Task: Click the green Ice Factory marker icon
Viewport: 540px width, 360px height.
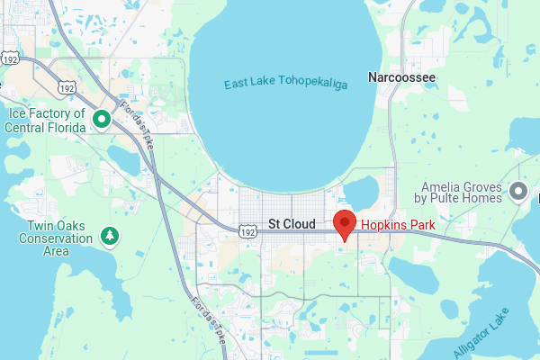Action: tap(102, 118)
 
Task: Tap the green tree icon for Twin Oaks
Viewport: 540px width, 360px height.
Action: tap(110, 236)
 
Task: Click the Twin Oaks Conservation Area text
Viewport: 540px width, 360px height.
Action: tap(56, 238)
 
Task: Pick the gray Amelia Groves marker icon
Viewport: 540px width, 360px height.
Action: tap(517, 191)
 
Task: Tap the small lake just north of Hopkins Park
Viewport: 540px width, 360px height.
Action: tap(363, 191)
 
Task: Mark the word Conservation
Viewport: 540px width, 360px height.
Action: tap(56, 238)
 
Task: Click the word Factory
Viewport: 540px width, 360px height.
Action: tap(58, 113)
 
